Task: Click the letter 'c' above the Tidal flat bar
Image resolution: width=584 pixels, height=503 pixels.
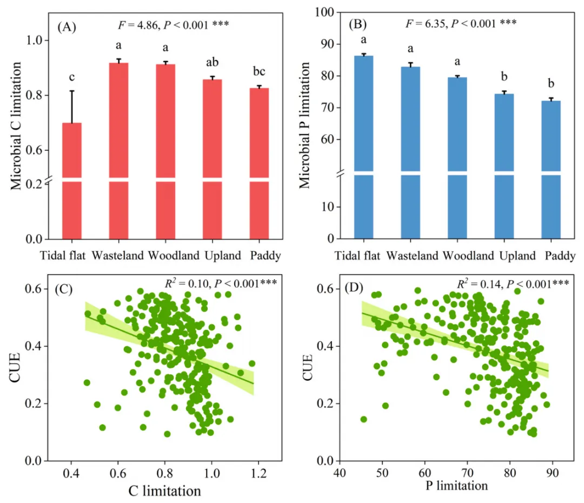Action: click(72, 80)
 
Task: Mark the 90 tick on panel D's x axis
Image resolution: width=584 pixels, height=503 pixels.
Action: click(552, 472)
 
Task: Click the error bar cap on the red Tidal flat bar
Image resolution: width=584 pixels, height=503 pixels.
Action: click(72, 91)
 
